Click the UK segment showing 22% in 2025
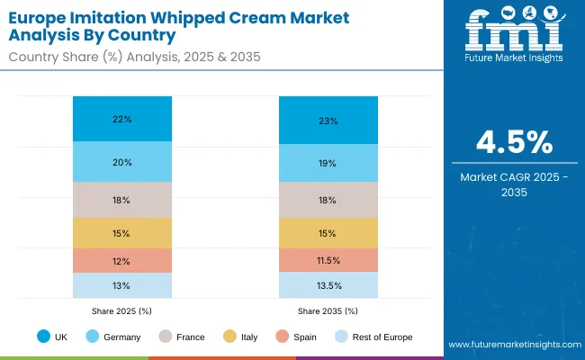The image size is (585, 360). click(x=122, y=119)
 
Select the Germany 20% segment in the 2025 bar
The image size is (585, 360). click(x=122, y=162)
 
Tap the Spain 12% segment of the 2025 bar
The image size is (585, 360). click(x=122, y=260)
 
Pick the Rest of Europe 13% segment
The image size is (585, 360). click(x=122, y=285)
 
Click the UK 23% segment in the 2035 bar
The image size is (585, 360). click(x=328, y=121)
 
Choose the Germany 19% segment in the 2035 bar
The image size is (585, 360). click(x=328, y=164)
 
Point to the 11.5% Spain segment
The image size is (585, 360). click(x=328, y=260)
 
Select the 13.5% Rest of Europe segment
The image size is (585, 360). click(x=328, y=285)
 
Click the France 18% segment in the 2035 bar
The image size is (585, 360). click(x=328, y=200)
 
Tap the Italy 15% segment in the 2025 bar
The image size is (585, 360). click(x=122, y=233)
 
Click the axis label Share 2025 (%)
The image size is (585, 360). click(x=122, y=310)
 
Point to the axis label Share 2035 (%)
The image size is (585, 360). click(x=328, y=310)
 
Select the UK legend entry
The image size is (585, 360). click(x=54, y=337)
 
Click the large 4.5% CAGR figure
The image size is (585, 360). click(x=515, y=144)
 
